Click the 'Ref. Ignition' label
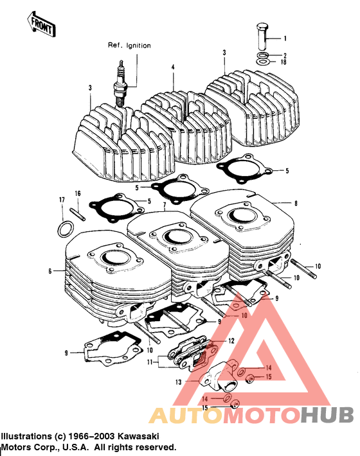(x=129, y=46)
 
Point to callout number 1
(x=285, y=39)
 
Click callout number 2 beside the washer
(x=285, y=55)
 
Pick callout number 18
(x=284, y=62)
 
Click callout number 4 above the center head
(x=173, y=67)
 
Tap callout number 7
(x=164, y=206)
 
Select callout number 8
(x=296, y=204)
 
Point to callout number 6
(x=49, y=272)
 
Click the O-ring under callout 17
(x=65, y=229)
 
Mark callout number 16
(x=77, y=193)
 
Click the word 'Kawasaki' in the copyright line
(x=156, y=435)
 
